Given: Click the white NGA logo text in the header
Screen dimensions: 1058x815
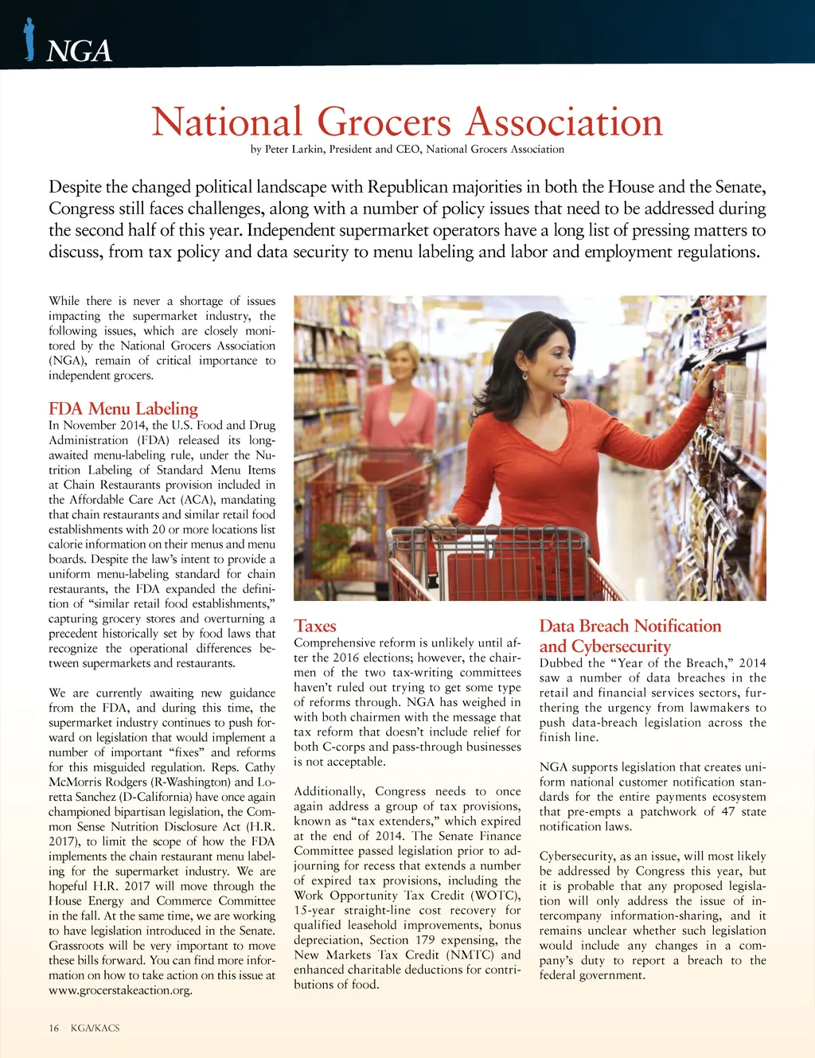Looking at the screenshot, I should pyautogui.click(x=79, y=51).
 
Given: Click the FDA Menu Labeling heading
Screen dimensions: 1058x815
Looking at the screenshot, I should pyautogui.click(x=123, y=408).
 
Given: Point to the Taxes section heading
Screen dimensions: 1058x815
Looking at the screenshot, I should pyautogui.click(x=315, y=626).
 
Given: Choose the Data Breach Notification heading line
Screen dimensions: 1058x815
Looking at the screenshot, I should pyautogui.click(x=630, y=626).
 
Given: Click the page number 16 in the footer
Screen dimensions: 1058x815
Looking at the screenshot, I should pyautogui.click(x=54, y=1028).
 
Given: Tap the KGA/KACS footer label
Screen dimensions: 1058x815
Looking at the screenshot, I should pyautogui.click(x=95, y=1028).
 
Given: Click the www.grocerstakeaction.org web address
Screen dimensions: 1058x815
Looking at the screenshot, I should pyautogui.click(x=120, y=990).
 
